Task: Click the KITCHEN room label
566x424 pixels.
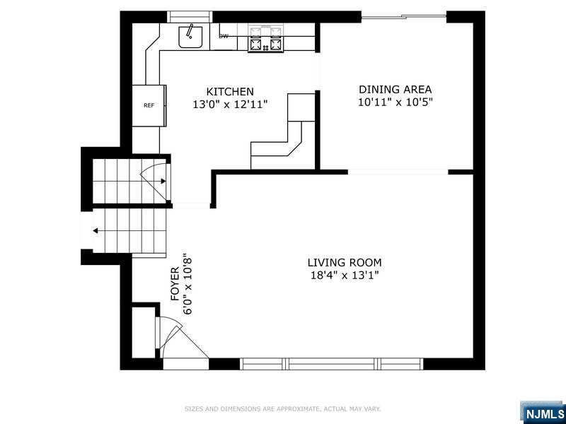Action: click(230, 91)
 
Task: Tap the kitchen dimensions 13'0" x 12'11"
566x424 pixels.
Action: click(230, 105)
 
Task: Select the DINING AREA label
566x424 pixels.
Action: click(395, 90)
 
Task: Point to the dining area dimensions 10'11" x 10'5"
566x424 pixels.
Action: click(395, 102)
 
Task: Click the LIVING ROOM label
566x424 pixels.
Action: click(345, 262)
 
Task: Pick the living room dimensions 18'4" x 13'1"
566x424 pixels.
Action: click(345, 276)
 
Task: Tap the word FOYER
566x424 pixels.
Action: click(175, 284)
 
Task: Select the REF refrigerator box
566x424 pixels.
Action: click(149, 105)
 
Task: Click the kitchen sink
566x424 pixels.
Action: click(190, 37)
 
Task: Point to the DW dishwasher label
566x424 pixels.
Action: click(224, 36)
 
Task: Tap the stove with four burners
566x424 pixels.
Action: click(266, 39)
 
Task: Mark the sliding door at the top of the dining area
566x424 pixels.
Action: click(404, 16)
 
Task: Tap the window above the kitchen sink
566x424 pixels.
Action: click(190, 17)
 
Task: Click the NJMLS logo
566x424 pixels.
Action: click(543, 413)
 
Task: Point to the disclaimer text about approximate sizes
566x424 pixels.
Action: click(282, 409)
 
